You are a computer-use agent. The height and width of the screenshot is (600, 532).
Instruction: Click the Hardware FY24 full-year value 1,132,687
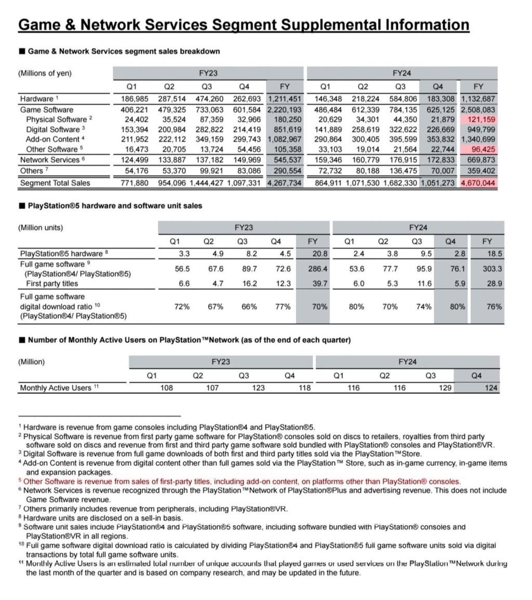(478, 99)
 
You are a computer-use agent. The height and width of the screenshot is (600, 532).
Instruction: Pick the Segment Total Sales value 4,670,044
(478, 183)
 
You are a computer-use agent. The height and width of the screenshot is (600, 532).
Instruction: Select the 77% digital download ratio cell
(283, 307)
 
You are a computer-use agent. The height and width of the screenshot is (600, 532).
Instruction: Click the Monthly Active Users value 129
(445, 388)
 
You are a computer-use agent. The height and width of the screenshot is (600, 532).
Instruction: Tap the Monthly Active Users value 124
(490, 388)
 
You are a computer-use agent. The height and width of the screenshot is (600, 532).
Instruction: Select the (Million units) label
(41, 227)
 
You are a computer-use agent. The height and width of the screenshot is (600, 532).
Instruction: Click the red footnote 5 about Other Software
(242, 482)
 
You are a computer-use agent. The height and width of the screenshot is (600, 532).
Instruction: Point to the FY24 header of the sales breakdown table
(402, 73)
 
